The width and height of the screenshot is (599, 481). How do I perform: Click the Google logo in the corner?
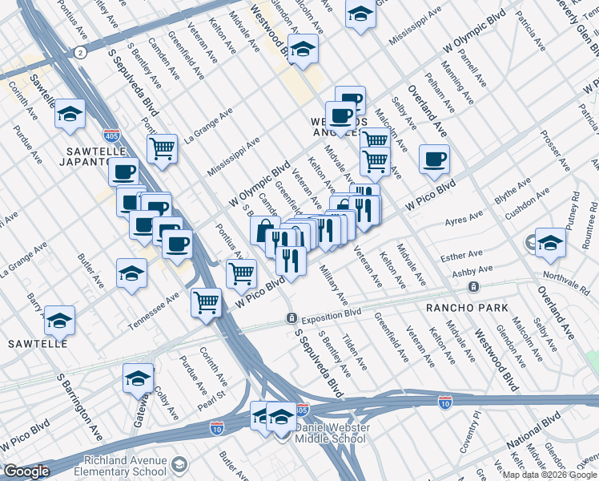click(26, 471)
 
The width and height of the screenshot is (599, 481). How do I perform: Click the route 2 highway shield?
click(80, 52)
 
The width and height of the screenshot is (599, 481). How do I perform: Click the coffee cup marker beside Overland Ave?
click(434, 159)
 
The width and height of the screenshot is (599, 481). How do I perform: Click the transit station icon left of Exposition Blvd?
click(292, 318)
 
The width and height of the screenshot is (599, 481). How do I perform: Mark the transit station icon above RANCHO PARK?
click(474, 286)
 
